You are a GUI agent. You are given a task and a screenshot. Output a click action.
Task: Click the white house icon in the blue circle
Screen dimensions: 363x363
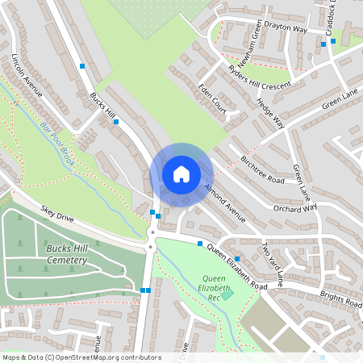(x=181, y=173)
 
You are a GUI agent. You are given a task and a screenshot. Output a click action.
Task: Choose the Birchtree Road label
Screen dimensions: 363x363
(x=263, y=169)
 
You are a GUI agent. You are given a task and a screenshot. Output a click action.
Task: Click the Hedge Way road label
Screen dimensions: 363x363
(x=271, y=113)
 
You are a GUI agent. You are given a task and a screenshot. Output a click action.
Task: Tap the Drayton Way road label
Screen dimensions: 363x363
(x=289, y=29)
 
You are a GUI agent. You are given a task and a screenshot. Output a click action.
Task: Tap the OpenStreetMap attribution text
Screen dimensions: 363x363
(x=81, y=357)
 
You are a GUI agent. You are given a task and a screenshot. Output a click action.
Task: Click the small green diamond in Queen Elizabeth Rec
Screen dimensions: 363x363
(x=227, y=294)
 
